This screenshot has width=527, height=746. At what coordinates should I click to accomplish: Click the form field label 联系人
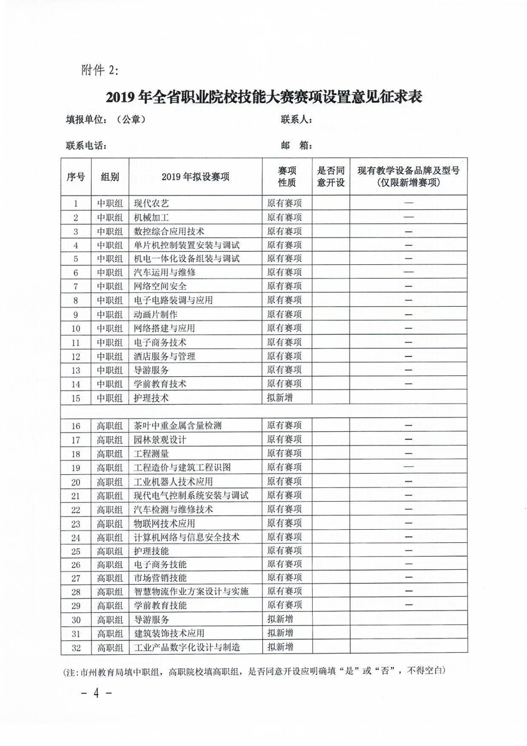[x=296, y=120]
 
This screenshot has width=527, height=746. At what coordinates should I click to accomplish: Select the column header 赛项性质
[x=287, y=177]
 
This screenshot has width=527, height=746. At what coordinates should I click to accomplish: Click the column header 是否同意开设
[x=331, y=177]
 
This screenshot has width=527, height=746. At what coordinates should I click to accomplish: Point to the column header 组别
[x=110, y=177]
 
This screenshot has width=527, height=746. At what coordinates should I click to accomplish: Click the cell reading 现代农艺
[x=152, y=203]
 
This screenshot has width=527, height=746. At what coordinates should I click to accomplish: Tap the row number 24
[x=76, y=537]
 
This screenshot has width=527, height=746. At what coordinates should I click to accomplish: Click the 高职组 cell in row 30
[x=110, y=620]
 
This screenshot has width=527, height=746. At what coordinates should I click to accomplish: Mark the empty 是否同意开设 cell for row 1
[x=331, y=203]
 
